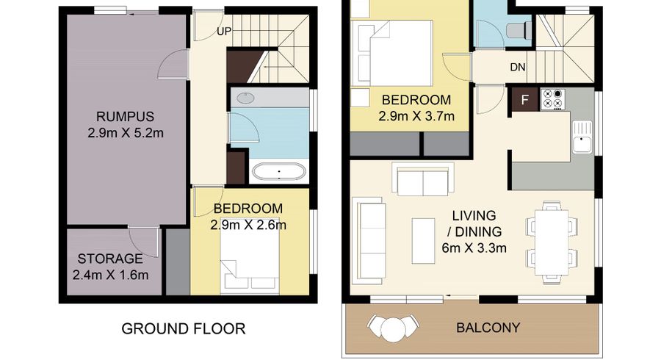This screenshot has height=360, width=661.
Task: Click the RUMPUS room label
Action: point(125,116)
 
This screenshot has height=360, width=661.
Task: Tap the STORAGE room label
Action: point(110,259)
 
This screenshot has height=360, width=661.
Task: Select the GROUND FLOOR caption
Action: point(184,328)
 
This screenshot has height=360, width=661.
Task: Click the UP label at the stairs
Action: point(224,31)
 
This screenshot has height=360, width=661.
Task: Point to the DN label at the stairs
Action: point(518,67)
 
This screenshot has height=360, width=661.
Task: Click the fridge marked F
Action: point(525,99)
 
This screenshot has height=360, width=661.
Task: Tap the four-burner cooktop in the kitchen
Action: point(552,99)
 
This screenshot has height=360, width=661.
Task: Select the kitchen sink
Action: point(582,137)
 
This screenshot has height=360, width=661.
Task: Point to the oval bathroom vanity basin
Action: point(245,98)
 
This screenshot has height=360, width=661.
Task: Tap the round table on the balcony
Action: point(393,328)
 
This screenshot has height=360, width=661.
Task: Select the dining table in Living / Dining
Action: point(552,242)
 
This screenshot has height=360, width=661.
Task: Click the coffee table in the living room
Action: point(423,241)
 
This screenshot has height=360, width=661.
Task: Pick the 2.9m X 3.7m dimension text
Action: point(416,116)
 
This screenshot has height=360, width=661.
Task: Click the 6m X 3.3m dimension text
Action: point(474,248)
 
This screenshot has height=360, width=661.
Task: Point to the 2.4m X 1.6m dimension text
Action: point(110,275)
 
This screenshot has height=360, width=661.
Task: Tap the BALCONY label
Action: point(488,328)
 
